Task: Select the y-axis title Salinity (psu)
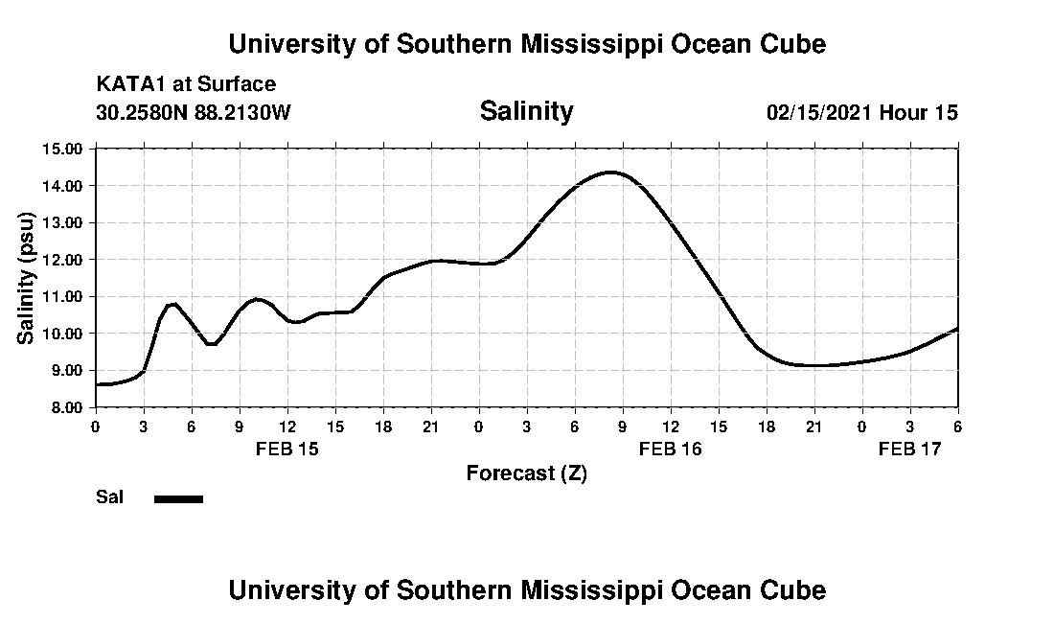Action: [26, 278]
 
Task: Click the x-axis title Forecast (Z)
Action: [526, 473]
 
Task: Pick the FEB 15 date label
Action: [286, 449]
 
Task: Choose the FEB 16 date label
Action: [670, 449]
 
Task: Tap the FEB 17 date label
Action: [909, 449]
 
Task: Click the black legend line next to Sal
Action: [178, 498]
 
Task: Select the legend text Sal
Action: [109, 497]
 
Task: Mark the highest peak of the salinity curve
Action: [610, 173]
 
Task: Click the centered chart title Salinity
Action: [526, 111]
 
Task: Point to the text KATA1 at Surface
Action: [186, 84]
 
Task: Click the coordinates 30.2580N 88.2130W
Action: [193, 112]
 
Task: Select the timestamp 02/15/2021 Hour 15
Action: [861, 112]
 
